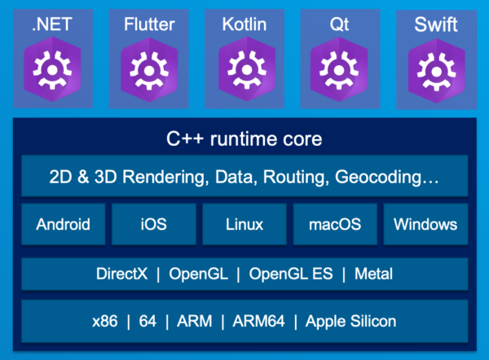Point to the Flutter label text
click(x=149, y=24)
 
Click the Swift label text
click(x=436, y=24)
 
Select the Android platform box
click(x=63, y=224)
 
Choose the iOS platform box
click(x=154, y=224)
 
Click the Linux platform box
click(x=244, y=224)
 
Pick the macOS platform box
click(x=335, y=224)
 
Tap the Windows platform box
click(x=425, y=224)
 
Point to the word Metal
click(x=373, y=274)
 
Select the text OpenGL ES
click(x=295, y=274)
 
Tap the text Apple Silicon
click(x=350, y=321)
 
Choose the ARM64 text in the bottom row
click(x=258, y=321)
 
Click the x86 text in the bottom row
click(x=106, y=321)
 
